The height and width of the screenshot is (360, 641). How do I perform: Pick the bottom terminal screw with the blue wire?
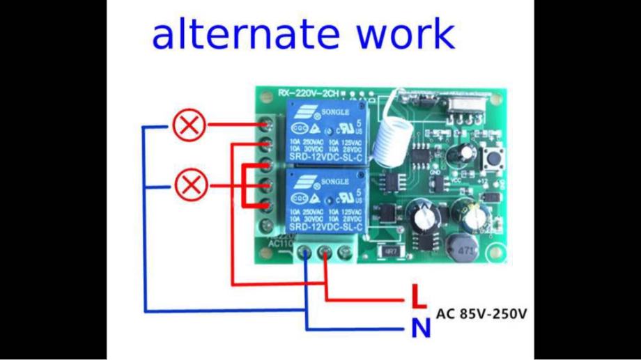pyautogui.click(x=307, y=253)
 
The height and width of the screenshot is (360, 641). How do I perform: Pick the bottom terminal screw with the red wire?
pyautogui.click(x=325, y=253)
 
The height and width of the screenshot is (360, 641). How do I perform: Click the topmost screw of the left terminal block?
pyautogui.click(x=266, y=125)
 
